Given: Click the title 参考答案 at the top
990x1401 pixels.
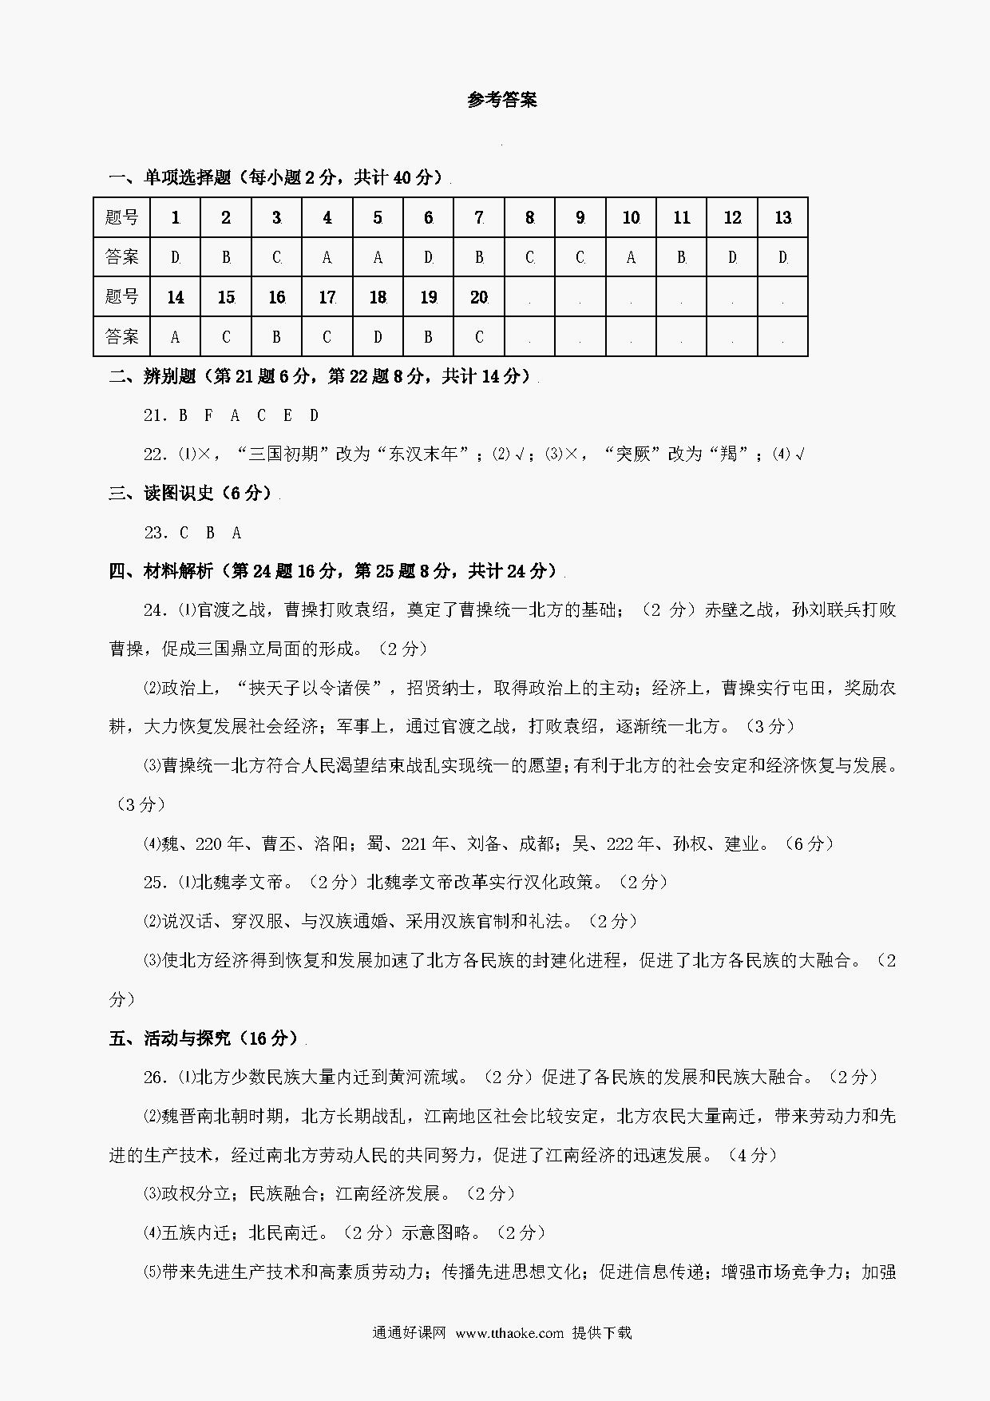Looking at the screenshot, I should click(x=502, y=100).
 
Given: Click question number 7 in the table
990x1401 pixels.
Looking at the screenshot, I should click(x=478, y=217).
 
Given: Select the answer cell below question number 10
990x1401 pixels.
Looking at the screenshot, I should click(x=631, y=257).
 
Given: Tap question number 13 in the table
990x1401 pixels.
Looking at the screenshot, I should click(x=782, y=217).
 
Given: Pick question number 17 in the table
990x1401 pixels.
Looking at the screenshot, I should click(x=327, y=297).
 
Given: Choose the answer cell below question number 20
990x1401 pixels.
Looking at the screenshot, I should click(x=478, y=337).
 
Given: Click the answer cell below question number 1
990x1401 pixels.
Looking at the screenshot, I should click(x=176, y=257).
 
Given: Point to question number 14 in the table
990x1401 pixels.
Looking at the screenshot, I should click(x=176, y=297).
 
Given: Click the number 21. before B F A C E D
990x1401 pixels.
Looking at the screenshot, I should click(x=155, y=415).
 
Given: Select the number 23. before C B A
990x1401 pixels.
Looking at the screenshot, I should click(x=155, y=533).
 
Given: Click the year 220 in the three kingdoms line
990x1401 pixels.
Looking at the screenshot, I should click(x=206, y=843).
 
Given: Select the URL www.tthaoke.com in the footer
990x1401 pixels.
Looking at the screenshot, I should click(x=509, y=1332).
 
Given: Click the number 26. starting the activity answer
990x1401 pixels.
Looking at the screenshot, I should click(x=155, y=1078).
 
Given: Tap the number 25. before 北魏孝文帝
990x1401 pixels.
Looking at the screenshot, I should click(x=155, y=883).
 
